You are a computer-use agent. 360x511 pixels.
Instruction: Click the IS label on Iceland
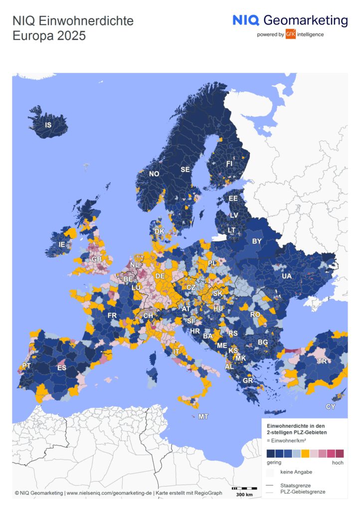[x=48, y=125]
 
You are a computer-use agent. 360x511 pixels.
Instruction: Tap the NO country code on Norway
[x=154, y=174]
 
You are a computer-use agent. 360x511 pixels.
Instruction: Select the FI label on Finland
[x=229, y=163]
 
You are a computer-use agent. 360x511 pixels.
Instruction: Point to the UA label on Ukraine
[x=286, y=276]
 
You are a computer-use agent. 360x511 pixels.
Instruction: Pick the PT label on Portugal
[x=26, y=366]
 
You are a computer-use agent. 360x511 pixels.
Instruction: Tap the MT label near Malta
[x=203, y=416]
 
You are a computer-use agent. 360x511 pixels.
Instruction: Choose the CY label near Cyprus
[x=331, y=407]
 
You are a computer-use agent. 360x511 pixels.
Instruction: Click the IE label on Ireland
[x=62, y=245]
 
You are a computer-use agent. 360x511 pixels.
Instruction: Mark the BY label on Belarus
[x=257, y=241]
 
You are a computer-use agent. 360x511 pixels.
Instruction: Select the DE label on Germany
[x=160, y=276]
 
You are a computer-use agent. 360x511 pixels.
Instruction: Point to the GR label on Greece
[x=248, y=380]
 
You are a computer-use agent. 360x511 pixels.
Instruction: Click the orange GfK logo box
[x=291, y=34]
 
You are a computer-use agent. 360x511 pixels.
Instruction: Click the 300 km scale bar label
[x=243, y=495]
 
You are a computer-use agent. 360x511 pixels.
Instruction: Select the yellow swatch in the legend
[x=305, y=453]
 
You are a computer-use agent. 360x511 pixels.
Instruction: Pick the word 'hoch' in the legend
[x=338, y=463]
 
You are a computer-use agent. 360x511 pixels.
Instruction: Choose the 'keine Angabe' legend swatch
[x=270, y=472]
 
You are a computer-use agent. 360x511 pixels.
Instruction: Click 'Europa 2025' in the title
[x=49, y=36]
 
